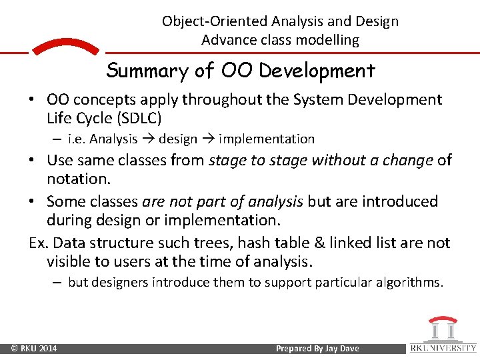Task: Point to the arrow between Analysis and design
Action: tap(147, 139)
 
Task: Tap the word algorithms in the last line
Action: tap(410, 283)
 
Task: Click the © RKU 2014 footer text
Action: tap(34, 349)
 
